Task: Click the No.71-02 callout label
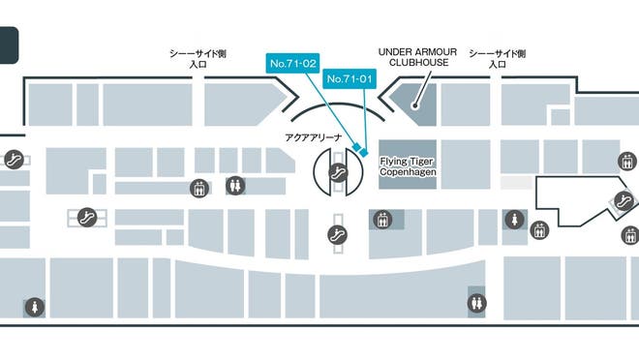click(x=293, y=63)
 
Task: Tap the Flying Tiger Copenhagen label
click(x=408, y=165)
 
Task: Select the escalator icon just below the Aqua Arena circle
click(x=337, y=233)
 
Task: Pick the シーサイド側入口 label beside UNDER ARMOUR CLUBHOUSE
click(x=497, y=58)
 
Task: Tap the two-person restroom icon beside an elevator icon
click(x=236, y=186)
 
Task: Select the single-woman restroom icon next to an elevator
click(x=510, y=221)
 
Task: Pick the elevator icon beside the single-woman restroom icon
click(x=539, y=230)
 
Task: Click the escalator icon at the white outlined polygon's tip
click(x=626, y=201)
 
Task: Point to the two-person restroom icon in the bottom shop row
click(x=476, y=303)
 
